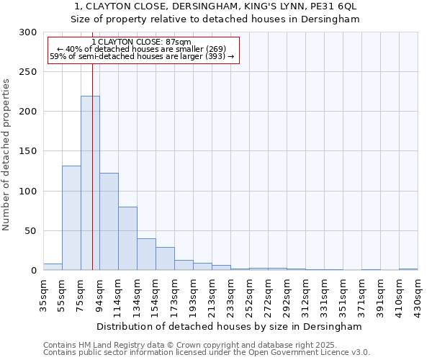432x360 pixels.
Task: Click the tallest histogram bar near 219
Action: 90,183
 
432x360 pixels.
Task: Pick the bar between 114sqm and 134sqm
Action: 127,238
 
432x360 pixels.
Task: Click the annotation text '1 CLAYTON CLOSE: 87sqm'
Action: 142,42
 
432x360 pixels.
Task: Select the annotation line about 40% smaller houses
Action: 142,49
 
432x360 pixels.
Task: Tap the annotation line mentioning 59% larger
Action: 142,56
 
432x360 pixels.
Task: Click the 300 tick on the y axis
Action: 28,32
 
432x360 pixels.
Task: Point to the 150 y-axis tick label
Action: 28,152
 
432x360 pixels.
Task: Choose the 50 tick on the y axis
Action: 31,231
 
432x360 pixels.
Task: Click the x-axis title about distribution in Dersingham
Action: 230,326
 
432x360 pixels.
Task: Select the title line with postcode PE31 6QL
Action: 216,6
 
